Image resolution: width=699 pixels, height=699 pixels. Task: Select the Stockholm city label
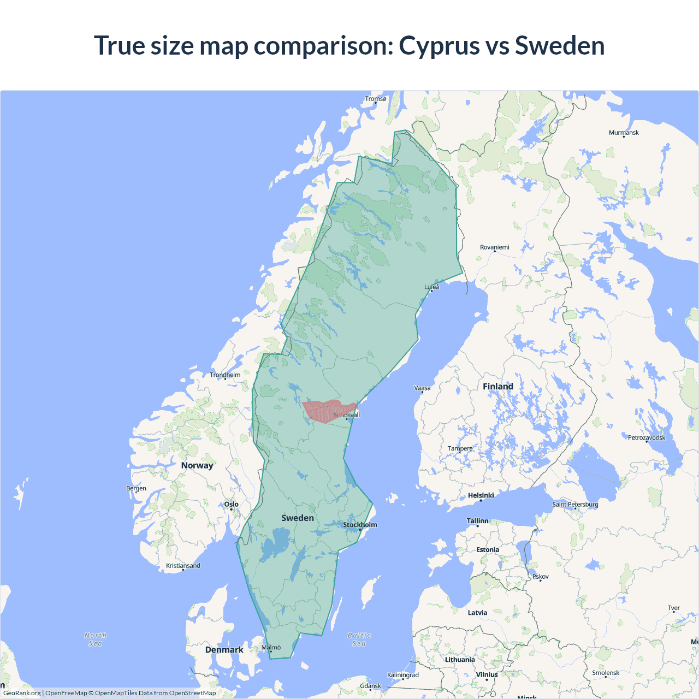tap(360, 525)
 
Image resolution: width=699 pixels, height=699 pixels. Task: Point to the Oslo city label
tap(231, 504)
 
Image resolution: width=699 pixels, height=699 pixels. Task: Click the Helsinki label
tap(481, 495)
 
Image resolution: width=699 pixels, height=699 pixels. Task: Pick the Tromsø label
tap(375, 99)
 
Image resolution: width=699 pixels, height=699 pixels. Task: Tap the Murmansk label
tap(624, 133)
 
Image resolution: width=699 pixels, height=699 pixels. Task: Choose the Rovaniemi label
tap(494, 247)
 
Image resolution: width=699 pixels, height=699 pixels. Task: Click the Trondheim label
tap(225, 375)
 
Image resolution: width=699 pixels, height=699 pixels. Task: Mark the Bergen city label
tap(136, 488)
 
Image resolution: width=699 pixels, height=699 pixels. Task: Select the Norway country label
tap(197, 465)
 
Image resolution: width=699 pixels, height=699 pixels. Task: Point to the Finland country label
tap(497, 387)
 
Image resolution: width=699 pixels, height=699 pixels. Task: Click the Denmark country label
tap(224, 650)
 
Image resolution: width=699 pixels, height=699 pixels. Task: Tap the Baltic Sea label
tap(359, 639)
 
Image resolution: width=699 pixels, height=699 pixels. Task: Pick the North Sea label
tap(96, 639)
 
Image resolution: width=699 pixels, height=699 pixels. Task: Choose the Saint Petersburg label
tap(575, 504)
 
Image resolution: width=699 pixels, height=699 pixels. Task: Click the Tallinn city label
tap(477, 521)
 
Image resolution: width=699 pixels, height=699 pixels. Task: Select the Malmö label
tap(271, 648)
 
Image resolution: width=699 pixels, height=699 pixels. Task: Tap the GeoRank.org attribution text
tap(22, 693)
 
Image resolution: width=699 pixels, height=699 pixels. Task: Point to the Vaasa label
tap(422, 388)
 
